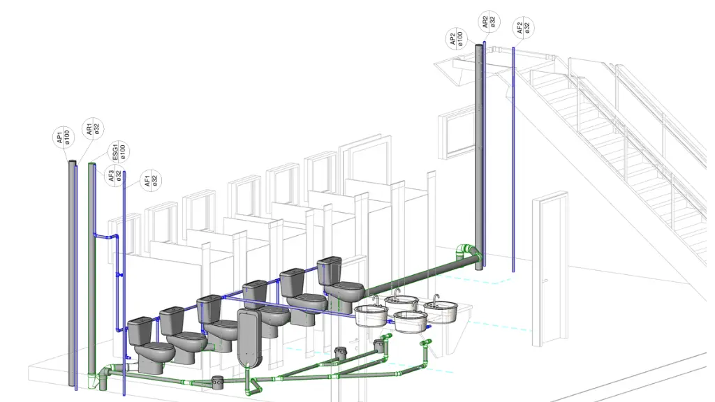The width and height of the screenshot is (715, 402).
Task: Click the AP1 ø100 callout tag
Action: pyautogui.click(x=64, y=137)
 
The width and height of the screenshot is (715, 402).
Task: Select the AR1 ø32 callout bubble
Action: pyautogui.click(x=93, y=129)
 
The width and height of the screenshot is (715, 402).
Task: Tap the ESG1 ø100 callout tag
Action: pyautogui.click(x=118, y=151)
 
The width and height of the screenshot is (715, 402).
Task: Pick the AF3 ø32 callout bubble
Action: pyautogui.click(x=115, y=175)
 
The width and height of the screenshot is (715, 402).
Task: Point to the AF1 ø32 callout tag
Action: pyautogui.click(x=151, y=181)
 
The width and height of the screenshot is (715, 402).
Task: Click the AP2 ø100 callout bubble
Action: pyautogui.click(x=456, y=38)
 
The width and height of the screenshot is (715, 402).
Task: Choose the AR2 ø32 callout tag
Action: pyautogui.click(x=488, y=22)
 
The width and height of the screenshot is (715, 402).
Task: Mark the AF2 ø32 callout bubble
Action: pyautogui.click(x=523, y=28)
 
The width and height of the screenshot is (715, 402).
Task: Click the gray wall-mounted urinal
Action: pyautogui.click(x=250, y=337)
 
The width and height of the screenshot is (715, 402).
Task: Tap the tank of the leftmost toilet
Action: pyautogui.click(x=139, y=331)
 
